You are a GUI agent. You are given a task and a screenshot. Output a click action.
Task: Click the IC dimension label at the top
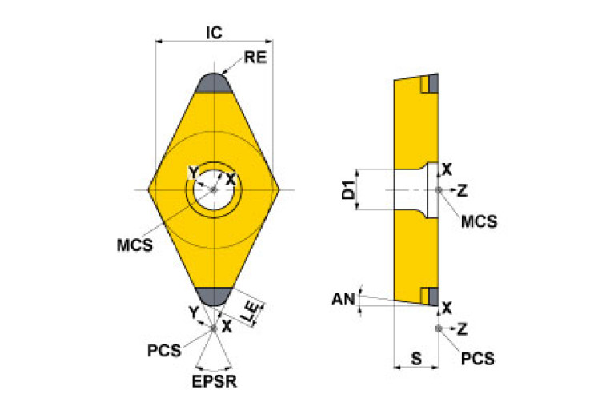(214, 33)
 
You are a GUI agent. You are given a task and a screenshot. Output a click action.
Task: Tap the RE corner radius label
(255, 57)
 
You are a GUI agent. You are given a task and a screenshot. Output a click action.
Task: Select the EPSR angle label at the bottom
(215, 382)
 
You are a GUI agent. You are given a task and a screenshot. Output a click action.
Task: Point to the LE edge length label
(252, 311)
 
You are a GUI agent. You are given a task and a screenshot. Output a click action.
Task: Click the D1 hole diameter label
(347, 189)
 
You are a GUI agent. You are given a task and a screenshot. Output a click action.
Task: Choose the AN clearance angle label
(343, 299)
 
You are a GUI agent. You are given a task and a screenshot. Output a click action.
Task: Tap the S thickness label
(416, 358)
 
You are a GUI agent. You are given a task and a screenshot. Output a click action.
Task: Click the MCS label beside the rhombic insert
(134, 245)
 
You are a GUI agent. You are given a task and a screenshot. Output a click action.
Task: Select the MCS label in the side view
(480, 221)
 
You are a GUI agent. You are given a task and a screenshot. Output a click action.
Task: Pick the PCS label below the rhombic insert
(164, 351)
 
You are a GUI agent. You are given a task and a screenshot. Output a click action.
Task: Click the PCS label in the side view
(478, 359)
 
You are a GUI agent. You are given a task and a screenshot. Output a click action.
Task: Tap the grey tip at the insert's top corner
(214, 83)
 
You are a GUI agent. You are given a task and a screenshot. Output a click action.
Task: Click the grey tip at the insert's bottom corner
(214, 297)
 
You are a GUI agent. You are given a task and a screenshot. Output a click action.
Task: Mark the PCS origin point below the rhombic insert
(214, 328)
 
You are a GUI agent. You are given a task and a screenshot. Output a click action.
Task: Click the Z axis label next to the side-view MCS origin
(463, 191)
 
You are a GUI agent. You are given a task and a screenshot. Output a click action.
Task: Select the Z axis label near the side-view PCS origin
(463, 329)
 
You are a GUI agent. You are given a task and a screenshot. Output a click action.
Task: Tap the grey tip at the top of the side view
(434, 83)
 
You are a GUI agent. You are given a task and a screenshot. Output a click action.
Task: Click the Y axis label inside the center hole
(194, 172)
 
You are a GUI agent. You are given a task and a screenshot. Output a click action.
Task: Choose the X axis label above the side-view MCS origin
(447, 169)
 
